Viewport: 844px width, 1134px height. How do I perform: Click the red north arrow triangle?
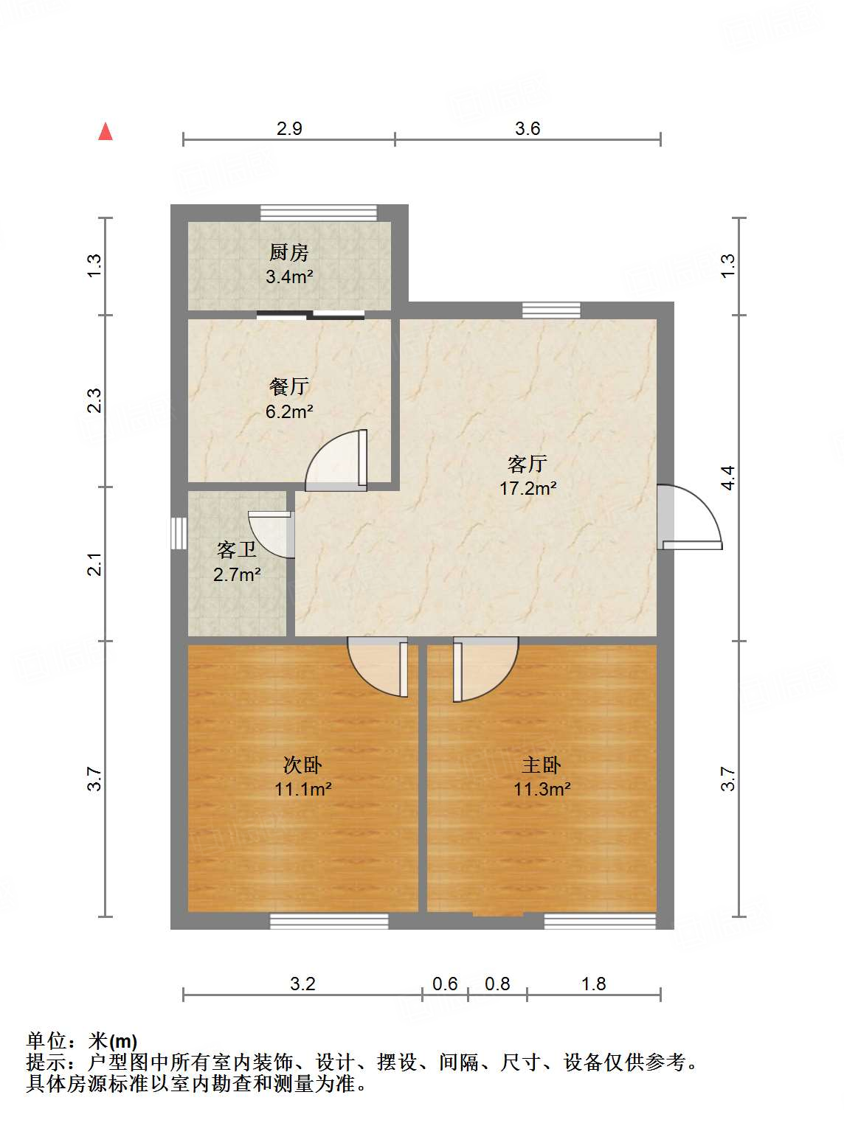(x=106, y=132)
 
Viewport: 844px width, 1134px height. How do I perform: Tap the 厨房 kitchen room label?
(x=288, y=253)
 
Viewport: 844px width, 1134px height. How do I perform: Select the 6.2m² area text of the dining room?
(x=289, y=411)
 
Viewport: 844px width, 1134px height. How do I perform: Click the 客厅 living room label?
(x=527, y=464)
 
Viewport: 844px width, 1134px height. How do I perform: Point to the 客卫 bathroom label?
(x=237, y=550)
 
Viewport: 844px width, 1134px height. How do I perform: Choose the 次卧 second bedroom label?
(x=302, y=765)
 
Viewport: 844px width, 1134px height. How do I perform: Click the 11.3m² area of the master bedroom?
(x=542, y=789)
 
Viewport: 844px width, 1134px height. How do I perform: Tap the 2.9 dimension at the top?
(x=289, y=129)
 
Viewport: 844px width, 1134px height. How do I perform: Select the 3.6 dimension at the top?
(x=527, y=129)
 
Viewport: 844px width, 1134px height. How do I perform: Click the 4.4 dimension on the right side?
(x=728, y=478)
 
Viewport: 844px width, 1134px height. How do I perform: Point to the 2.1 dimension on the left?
(x=94, y=564)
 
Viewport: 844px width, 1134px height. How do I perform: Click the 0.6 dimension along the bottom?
(x=445, y=984)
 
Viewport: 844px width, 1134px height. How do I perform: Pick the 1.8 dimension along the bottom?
(x=593, y=984)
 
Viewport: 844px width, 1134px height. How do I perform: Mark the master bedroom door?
(x=483, y=668)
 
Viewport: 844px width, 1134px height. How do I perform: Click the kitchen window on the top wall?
(x=319, y=212)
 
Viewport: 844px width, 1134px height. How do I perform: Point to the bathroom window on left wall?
(x=179, y=533)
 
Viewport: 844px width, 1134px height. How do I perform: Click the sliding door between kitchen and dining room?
(x=311, y=315)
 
